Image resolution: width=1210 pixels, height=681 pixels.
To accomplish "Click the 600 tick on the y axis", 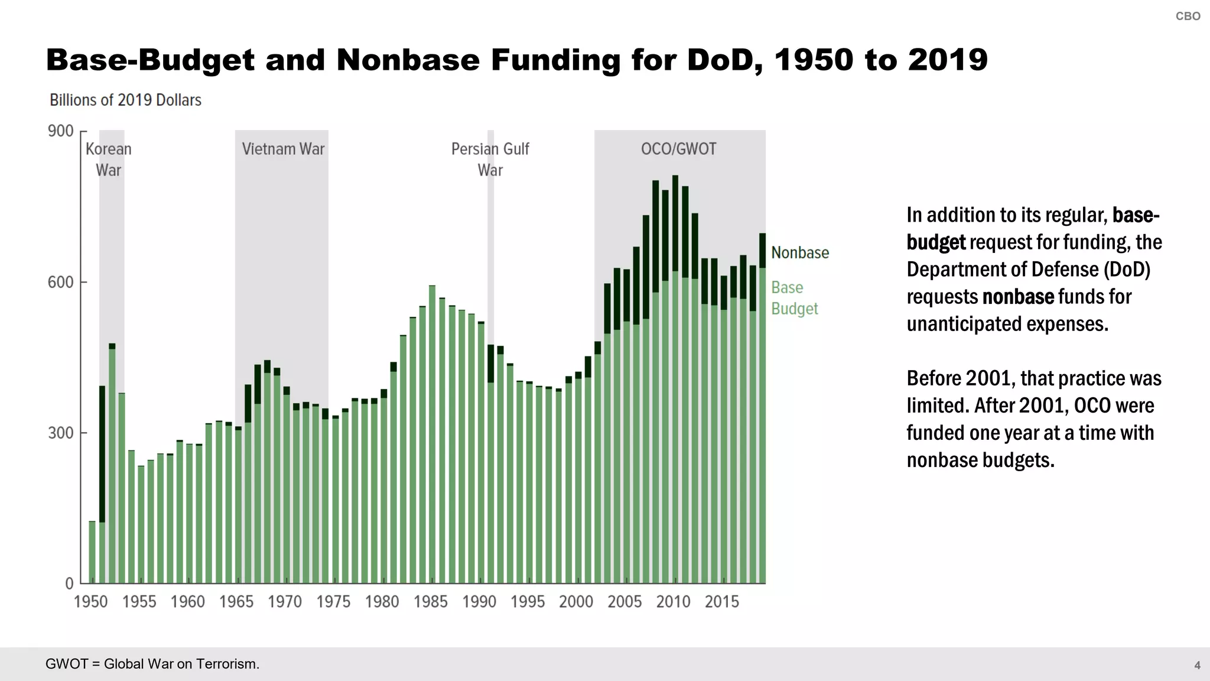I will point(60,282).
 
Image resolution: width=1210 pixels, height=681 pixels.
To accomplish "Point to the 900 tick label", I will point(60,131).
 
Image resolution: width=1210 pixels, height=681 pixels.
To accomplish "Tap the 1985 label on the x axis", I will point(430,602).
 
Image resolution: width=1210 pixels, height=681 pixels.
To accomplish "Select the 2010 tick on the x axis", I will point(673,602).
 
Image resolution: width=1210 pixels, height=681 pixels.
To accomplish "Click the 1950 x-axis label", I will point(90,602).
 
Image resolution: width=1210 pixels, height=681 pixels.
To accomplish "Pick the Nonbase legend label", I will point(800,253).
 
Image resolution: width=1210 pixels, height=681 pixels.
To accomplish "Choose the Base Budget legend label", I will point(794,298).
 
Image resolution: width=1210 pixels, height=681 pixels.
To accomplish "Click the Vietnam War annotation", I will point(283,149).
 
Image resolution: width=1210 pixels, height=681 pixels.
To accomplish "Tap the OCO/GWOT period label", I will point(678,149).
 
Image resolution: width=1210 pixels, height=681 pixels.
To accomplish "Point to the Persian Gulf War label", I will point(490,159).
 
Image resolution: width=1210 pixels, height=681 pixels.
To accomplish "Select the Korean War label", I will point(109,159).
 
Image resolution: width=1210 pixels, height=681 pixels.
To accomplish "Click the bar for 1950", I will point(92,552).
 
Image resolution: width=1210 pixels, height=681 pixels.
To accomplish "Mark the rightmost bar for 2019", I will point(762,414).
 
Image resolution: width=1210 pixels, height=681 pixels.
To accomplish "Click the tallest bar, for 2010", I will point(675,384).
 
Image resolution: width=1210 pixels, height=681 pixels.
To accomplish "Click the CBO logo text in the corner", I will point(1188,17).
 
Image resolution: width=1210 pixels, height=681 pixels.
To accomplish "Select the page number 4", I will point(1197,666).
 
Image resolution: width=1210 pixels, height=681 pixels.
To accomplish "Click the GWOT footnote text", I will point(152,664).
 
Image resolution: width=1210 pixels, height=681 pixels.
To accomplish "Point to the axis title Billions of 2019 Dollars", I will point(125,100).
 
